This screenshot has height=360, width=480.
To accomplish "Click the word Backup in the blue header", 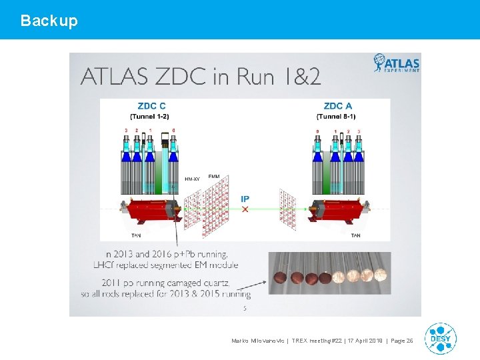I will (49, 21).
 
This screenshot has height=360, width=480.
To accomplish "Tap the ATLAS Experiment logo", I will (397, 63).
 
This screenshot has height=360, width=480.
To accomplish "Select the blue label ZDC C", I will (152, 106).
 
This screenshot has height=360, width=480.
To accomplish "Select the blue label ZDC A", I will (337, 106).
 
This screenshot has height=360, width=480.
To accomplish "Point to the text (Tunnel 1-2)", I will (152, 117).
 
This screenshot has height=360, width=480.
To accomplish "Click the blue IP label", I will (245, 199).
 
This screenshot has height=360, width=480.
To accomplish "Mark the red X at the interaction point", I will (245, 209).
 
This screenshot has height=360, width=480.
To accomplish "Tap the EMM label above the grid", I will (214, 176).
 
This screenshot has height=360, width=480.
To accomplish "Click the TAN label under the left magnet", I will (136, 235).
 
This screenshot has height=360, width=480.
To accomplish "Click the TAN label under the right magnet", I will (355, 235).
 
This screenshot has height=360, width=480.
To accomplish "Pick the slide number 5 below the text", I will (245, 308).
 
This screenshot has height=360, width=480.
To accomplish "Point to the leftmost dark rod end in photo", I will (279, 276).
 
